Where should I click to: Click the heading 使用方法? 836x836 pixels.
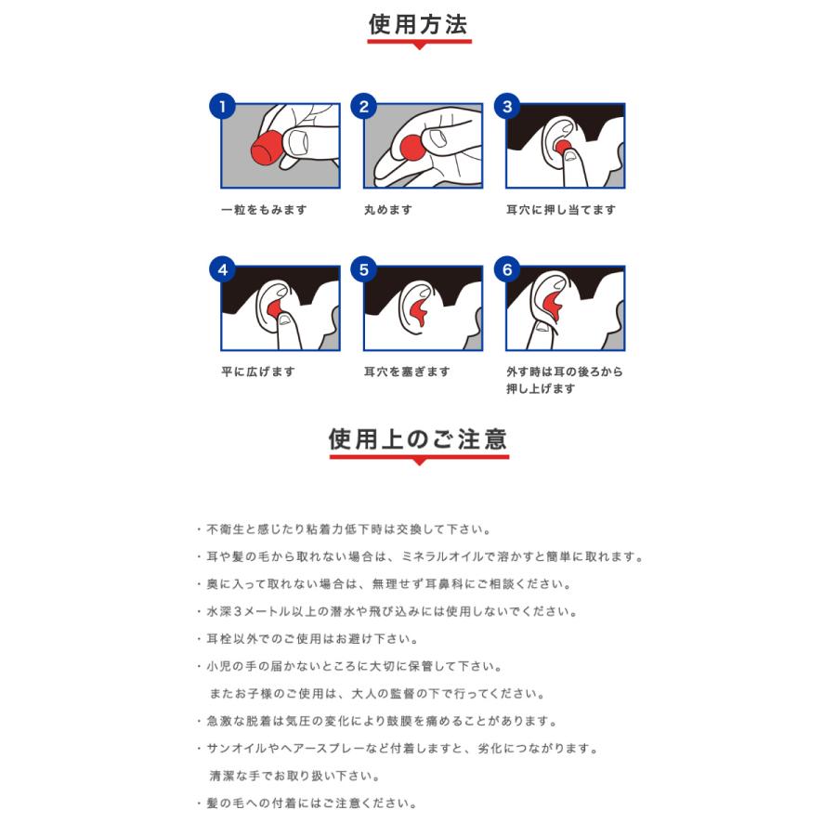pyautogui.click(x=419, y=25)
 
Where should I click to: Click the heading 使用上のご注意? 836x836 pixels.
pyautogui.click(x=418, y=438)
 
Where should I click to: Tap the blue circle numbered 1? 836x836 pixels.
pyautogui.click(x=222, y=106)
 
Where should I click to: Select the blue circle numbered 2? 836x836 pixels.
pyautogui.click(x=364, y=106)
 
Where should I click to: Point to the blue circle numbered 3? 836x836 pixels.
pyautogui.click(x=507, y=106)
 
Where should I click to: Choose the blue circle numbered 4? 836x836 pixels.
pyautogui.click(x=222, y=270)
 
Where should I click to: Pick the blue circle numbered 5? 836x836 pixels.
pyautogui.click(x=364, y=270)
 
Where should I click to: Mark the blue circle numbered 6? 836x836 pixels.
pyautogui.click(x=507, y=270)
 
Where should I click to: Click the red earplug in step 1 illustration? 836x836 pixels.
pyautogui.click(x=268, y=146)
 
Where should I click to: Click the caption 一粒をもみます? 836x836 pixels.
pyautogui.click(x=264, y=210)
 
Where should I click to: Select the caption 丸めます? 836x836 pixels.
pyautogui.click(x=388, y=210)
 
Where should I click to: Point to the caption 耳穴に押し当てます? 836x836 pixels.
pyautogui.click(x=560, y=210)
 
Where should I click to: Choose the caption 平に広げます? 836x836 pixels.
pyautogui.click(x=257, y=372)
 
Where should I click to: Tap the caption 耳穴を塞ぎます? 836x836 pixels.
pyautogui.click(x=407, y=372)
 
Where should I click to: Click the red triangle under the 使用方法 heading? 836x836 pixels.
pyautogui.click(x=419, y=46)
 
